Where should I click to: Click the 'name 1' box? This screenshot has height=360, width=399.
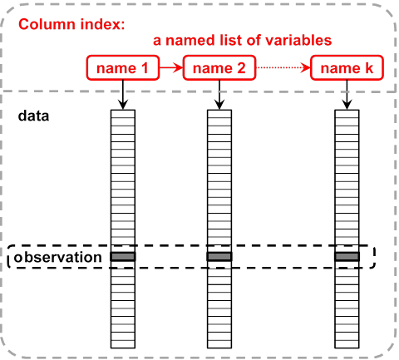[x=123, y=68]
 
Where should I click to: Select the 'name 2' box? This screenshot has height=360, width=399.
[x=219, y=68]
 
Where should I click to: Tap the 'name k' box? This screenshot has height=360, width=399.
[x=347, y=68]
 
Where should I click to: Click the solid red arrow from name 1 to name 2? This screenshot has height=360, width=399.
[x=171, y=67]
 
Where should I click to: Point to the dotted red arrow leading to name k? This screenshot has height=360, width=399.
[x=283, y=67]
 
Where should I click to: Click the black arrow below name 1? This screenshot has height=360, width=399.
[x=123, y=95]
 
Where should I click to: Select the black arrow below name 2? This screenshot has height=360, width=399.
[x=219, y=95]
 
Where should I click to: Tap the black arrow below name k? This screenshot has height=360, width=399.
[x=347, y=95]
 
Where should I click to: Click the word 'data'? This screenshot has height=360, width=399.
[x=33, y=116]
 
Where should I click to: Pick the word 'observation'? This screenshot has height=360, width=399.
[x=57, y=257]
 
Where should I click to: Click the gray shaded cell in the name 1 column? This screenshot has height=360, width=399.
[x=123, y=257]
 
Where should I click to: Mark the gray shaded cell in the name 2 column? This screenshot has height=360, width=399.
[x=219, y=257]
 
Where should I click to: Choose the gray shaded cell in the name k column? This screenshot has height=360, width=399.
[x=347, y=257]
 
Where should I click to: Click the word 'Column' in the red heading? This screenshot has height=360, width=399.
[x=47, y=24]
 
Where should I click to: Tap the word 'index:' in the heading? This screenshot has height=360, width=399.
[x=102, y=24]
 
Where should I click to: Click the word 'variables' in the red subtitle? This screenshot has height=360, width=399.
[x=298, y=40]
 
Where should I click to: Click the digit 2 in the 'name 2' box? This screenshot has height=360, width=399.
[x=241, y=68]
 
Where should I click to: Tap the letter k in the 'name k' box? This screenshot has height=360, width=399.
[x=369, y=68]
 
